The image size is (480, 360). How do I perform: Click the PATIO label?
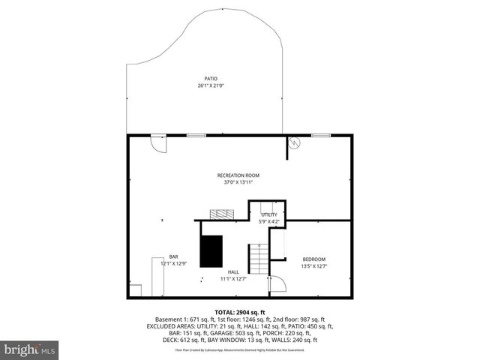tap(211, 78)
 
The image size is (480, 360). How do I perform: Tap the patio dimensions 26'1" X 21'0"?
tap(211, 85)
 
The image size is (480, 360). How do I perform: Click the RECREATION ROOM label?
tap(238, 175)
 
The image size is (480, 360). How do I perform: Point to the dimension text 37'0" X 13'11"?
tap(238, 182)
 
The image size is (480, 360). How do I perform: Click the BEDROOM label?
tap(313, 259)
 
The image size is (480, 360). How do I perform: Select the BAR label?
tap(173, 256)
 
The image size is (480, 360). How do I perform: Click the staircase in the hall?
tap(257, 259)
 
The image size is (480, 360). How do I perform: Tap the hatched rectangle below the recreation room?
tap(221, 214)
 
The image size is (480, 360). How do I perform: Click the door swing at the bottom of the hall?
tap(277, 283)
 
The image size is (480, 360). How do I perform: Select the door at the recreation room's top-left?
tap(158, 142)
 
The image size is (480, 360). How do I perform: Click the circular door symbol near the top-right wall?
tap(296, 143)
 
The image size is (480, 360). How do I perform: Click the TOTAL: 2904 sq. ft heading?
tap(239, 311)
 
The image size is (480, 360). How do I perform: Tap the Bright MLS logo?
tap(30, 349)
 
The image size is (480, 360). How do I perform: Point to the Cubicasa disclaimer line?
tap(239, 349)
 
